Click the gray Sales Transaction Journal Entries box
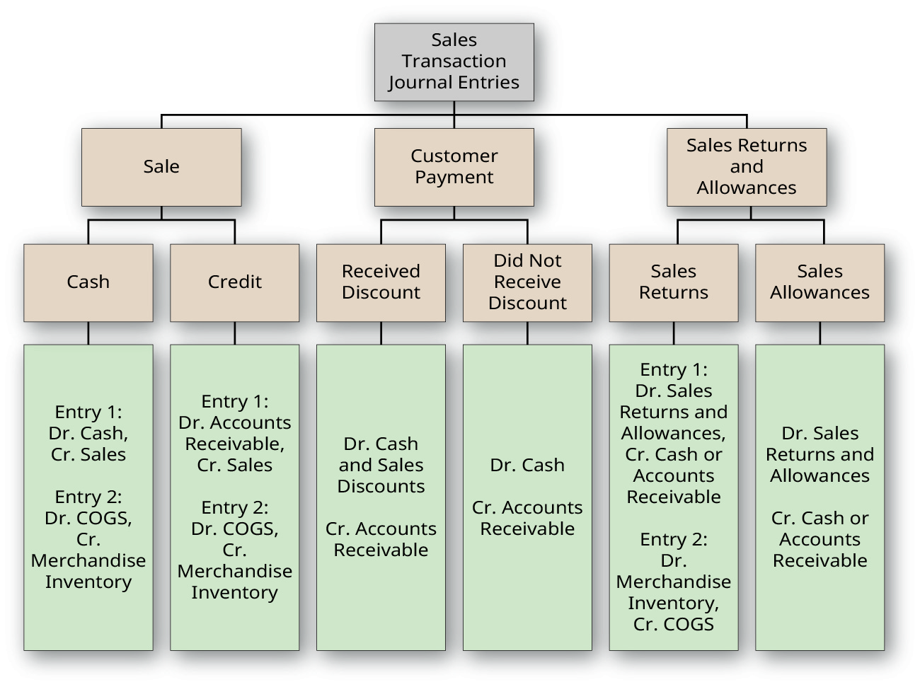454,62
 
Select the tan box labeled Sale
161,167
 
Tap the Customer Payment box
454,167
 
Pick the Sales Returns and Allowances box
747,167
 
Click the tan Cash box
88,282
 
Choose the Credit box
235,282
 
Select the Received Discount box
381,282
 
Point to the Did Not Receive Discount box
527,282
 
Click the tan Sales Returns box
674,282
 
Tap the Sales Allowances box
820,282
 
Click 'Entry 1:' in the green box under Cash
88,412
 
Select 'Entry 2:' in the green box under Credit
235,507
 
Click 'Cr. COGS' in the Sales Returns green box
674,624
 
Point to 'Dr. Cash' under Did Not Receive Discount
527,465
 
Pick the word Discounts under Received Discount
381,486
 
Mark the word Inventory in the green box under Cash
88,582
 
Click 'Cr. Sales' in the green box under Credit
235,465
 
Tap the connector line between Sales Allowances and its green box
820,333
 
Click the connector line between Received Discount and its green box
381,333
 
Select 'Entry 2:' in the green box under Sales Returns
674,539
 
